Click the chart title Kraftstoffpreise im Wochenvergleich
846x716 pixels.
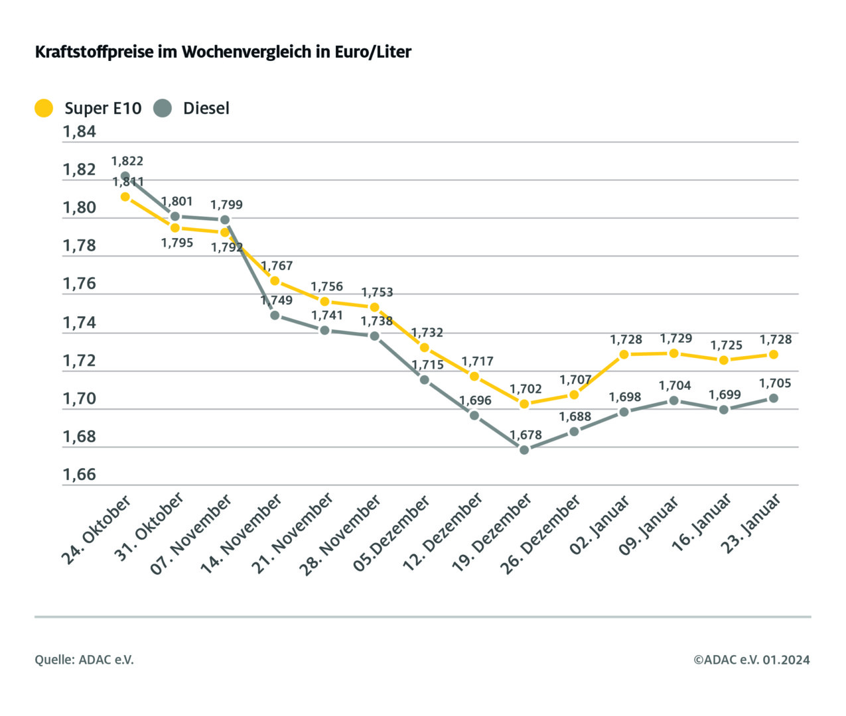[x=223, y=52]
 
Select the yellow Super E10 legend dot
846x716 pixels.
[x=44, y=108]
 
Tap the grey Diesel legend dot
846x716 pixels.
[x=163, y=108]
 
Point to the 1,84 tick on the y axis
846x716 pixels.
[x=80, y=132]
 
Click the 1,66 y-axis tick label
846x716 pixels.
[x=80, y=475]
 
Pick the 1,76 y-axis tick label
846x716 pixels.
[x=80, y=284]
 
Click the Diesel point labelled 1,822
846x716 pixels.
[x=125, y=176]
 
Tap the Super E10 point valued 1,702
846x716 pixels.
[x=524, y=404]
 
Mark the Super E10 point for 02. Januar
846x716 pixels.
[x=624, y=355]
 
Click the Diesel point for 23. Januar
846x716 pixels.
[x=774, y=398]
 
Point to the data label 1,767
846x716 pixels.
[x=276, y=266]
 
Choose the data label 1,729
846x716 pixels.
[x=675, y=339]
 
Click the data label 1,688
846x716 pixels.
[x=575, y=417]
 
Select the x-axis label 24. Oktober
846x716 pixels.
[x=97, y=530]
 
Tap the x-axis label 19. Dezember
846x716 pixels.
[x=492, y=534]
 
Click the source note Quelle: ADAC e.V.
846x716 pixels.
[x=84, y=660]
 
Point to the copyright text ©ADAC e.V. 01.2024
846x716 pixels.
[x=752, y=660]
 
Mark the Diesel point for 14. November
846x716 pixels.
[x=275, y=315]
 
